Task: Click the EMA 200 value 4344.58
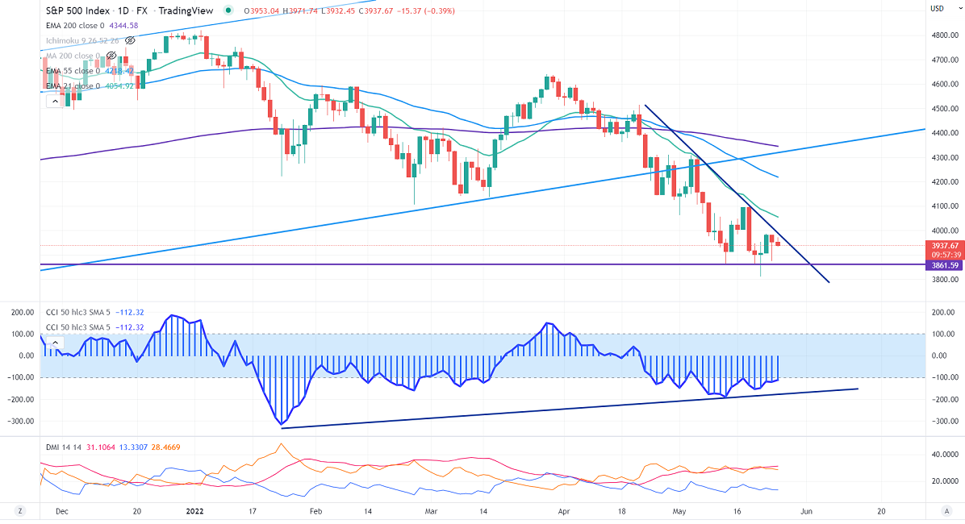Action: click(x=123, y=25)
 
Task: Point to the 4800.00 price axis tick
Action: click(x=943, y=35)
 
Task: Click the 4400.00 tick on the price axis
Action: click(x=943, y=133)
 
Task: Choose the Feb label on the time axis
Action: click(x=316, y=510)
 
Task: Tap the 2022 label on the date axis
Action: click(x=196, y=510)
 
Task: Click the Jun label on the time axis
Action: click(x=807, y=510)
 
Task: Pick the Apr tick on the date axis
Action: click(x=565, y=510)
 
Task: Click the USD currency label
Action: click(x=938, y=8)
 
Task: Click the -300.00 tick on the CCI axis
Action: click(x=941, y=422)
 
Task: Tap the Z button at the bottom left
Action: click(x=19, y=510)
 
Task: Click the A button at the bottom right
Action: click(x=946, y=510)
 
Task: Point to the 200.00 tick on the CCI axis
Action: click(x=942, y=311)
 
